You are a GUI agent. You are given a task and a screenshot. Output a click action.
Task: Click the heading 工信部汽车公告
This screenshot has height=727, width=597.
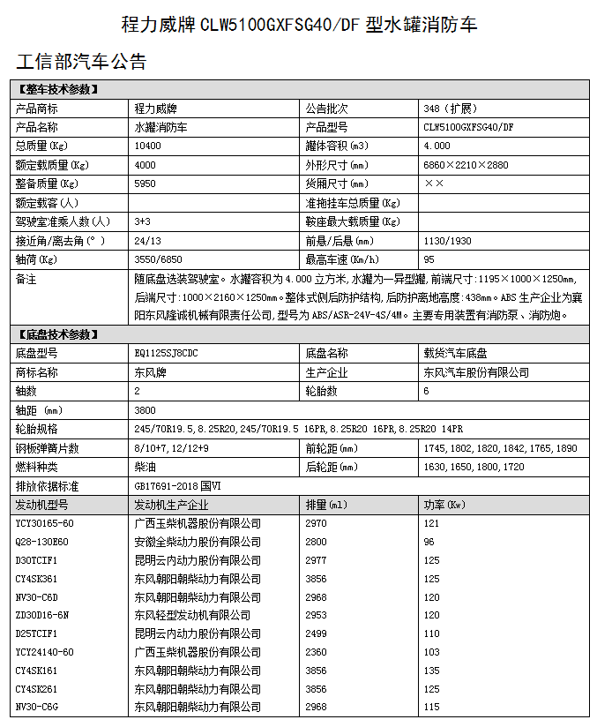pos(81,62)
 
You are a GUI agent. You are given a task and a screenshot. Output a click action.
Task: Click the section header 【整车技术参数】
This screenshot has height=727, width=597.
pos(57,89)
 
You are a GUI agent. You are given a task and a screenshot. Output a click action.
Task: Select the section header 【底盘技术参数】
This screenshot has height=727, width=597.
pos(57,334)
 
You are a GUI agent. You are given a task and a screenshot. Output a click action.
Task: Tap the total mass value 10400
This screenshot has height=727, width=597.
pos(148,146)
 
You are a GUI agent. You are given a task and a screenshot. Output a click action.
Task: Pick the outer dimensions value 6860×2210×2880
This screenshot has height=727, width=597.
pos(466,165)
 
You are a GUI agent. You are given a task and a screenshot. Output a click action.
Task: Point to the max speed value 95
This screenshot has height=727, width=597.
pos(429,259)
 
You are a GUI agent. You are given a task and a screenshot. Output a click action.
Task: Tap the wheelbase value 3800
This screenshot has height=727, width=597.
pos(146,409)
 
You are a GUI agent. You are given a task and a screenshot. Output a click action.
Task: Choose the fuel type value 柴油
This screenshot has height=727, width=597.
pos(144,467)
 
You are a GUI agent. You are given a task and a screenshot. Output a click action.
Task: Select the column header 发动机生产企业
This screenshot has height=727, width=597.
pos(171,505)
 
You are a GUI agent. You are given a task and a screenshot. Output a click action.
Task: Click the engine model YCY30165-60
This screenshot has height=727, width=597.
pos(45,523)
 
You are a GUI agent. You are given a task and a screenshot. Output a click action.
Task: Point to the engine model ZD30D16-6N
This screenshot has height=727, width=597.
pos(41,615)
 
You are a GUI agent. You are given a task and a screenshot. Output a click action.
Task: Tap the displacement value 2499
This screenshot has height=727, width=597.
pos(316,633)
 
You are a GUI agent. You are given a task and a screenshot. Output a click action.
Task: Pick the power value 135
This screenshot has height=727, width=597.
pos(431,671)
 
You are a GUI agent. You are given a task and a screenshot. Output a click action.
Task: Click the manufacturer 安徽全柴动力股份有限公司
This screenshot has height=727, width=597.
pos(198,542)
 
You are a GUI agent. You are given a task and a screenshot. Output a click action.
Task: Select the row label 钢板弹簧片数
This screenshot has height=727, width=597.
pos(48,448)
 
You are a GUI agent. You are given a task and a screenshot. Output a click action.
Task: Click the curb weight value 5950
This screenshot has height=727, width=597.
pos(146,184)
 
